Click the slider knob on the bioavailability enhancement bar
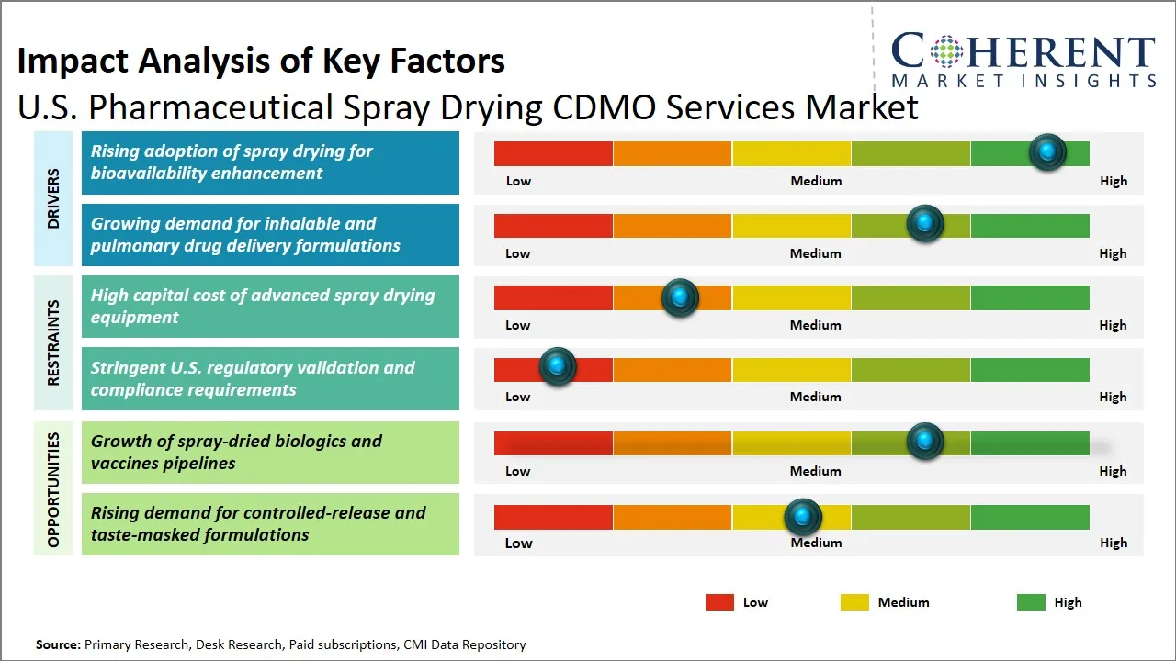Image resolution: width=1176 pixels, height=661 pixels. pos(1047,151)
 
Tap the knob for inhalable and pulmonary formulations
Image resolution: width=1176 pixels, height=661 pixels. pos(924,224)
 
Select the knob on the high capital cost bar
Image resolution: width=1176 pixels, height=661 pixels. pos(680,297)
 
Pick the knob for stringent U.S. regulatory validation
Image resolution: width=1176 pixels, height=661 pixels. pos(557,366)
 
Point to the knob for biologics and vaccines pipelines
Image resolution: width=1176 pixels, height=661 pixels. pos(924,441)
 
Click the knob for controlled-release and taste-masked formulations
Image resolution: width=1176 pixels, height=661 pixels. pos(803,518)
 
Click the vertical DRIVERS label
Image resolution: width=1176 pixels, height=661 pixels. pos(53,198)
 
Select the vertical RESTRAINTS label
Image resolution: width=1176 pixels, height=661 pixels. pos(53,342)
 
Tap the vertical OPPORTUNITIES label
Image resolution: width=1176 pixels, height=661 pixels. pos(53,489)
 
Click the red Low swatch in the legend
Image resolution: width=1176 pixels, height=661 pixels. pos(719,602)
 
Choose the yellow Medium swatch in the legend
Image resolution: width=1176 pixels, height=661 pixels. pos(854,602)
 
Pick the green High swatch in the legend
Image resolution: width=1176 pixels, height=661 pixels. pos(1031,602)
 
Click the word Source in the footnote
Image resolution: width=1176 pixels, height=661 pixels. pos(57,645)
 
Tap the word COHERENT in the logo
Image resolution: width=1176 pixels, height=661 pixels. pos(1023,51)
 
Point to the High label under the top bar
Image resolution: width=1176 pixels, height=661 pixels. pos(1114,181)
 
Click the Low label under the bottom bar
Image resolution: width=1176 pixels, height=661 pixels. pos(518,543)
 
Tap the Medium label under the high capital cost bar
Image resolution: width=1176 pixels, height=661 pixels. pos(816,325)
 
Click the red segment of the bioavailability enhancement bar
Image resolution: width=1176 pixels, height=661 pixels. pos(553,153)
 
